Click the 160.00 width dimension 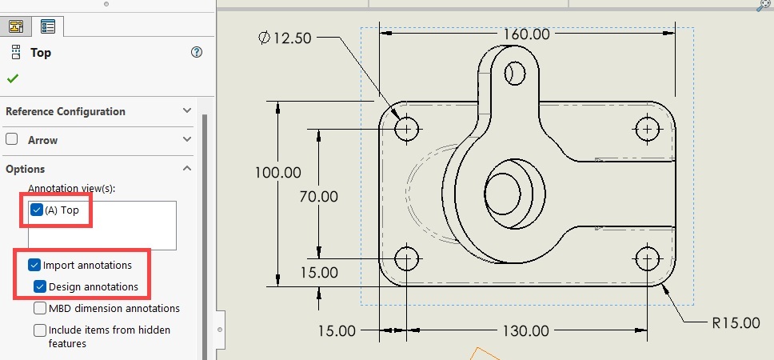[526, 34]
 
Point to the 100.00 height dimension [277, 172]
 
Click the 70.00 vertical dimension [317, 196]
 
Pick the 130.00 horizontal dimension [526, 330]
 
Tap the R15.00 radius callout [735, 323]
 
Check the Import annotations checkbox [34, 265]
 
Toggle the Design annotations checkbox [40, 286]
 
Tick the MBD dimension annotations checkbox [40, 308]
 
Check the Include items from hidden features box [40, 330]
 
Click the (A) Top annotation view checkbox [37, 210]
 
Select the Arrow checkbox [12, 139]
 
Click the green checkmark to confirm [13, 78]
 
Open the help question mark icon [197, 52]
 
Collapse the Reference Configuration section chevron [187, 111]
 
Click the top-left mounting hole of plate [407, 128]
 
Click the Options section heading [26, 169]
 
